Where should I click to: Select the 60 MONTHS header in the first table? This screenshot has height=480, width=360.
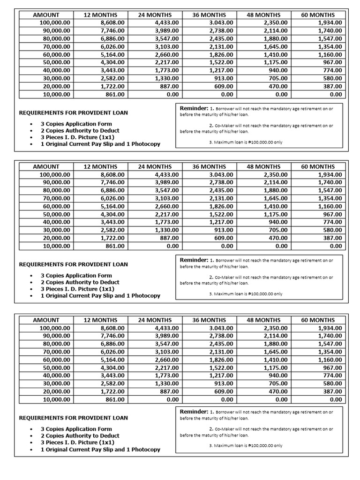318,15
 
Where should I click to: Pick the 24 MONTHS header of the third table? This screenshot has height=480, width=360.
155,320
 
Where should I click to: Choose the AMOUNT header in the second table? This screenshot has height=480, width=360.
46,166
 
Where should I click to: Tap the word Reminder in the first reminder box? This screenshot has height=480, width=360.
194,108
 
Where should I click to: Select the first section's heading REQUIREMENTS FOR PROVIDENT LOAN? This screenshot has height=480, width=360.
73,112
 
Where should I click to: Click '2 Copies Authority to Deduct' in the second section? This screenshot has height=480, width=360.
80,282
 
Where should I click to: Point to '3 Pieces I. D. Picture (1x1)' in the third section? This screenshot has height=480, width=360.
77,442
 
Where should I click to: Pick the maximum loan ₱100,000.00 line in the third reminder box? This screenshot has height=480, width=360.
246,446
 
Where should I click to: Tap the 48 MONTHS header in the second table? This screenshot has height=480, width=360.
263,166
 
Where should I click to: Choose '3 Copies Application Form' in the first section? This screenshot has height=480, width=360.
76,124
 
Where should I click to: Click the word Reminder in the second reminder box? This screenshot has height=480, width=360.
194,260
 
